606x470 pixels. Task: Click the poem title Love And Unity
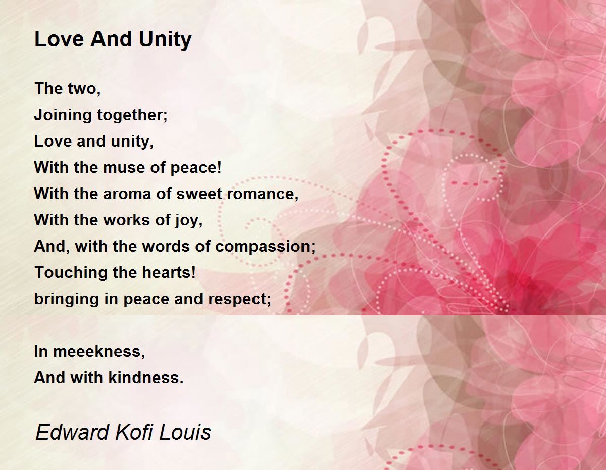113,40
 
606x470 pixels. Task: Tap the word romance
263,194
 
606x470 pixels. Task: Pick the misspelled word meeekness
99,352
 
